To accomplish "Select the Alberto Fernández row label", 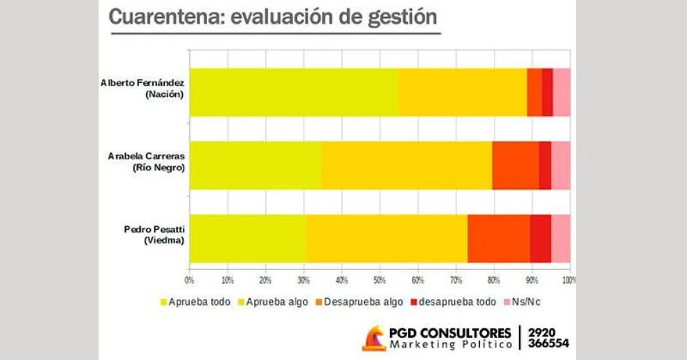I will [x=143, y=88].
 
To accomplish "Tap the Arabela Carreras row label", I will [x=147, y=161].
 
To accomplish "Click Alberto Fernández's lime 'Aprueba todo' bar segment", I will [x=294, y=92].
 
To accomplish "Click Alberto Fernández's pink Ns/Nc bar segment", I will [x=562, y=92].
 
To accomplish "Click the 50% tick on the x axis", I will [x=380, y=280].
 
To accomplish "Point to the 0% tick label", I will [x=190, y=280].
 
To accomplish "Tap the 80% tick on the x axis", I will [x=494, y=280].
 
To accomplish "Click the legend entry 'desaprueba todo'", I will [x=453, y=302].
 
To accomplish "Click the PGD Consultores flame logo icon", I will [x=375, y=338].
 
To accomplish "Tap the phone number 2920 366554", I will [x=548, y=337].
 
